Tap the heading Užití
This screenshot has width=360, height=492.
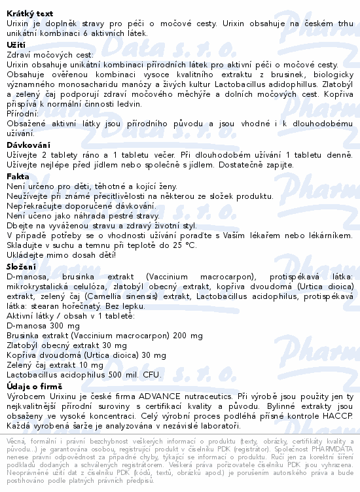point(16,44)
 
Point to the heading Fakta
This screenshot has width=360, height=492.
point(18,176)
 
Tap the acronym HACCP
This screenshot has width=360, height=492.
point(336,416)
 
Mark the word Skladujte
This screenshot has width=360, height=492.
point(28,245)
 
